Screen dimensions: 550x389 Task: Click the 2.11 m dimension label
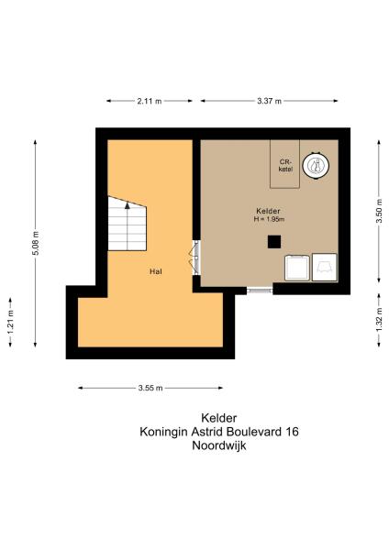(150, 101)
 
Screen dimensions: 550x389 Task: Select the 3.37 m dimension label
(272, 101)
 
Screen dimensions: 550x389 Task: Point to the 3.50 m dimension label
(377, 216)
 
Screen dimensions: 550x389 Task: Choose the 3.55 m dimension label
(150, 388)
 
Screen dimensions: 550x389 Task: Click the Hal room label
(156, 271)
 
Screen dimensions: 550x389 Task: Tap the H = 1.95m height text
(272, 219)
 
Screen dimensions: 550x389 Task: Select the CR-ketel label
(285, 166)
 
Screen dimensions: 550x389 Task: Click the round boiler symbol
(316, 165)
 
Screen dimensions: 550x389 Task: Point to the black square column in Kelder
(273, 241)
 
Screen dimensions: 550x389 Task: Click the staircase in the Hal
(128, 225)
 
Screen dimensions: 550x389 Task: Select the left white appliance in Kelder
(297, 267)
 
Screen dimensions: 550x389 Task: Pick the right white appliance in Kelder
(325, 267)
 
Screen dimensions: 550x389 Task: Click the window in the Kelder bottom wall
(261, 290)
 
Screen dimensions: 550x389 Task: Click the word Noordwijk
(219, 446)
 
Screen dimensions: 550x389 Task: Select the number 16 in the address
(292, 431)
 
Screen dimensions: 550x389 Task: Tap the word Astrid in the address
(214, 431)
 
